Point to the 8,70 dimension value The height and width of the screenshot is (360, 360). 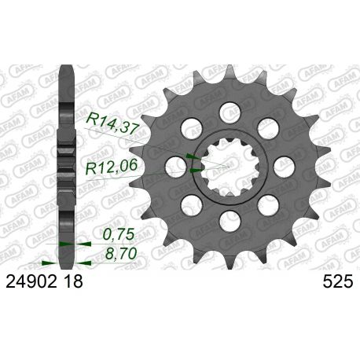pyautogui.click(x=119, y=253)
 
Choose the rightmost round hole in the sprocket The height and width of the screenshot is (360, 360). pyautogui.click(x=284, y=165)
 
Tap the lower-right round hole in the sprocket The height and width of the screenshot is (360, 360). pyautogui.click(x=267, y=206)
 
